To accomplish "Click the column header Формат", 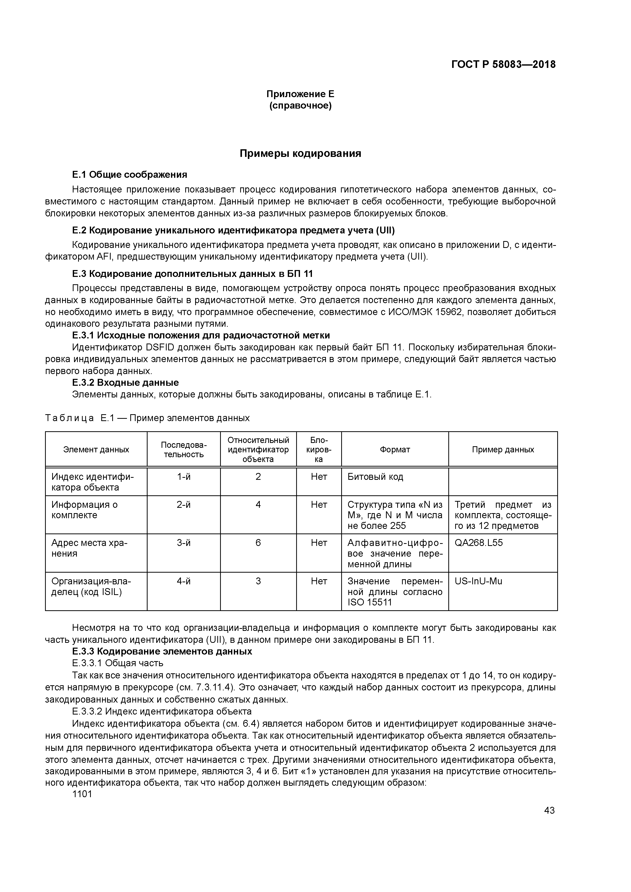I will (395, 450).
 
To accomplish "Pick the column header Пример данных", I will (503, 450).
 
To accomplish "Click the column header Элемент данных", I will (96, 450).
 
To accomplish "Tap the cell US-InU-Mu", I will (478, 581).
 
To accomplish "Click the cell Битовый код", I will (375, 477).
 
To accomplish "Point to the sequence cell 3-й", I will (183, 543).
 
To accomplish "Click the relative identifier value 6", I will (258, 543).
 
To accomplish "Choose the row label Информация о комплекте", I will (84, 510).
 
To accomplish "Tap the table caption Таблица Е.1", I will (147, 418).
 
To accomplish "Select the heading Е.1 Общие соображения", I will (130, 175).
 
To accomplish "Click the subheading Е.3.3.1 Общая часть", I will (117, 663).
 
